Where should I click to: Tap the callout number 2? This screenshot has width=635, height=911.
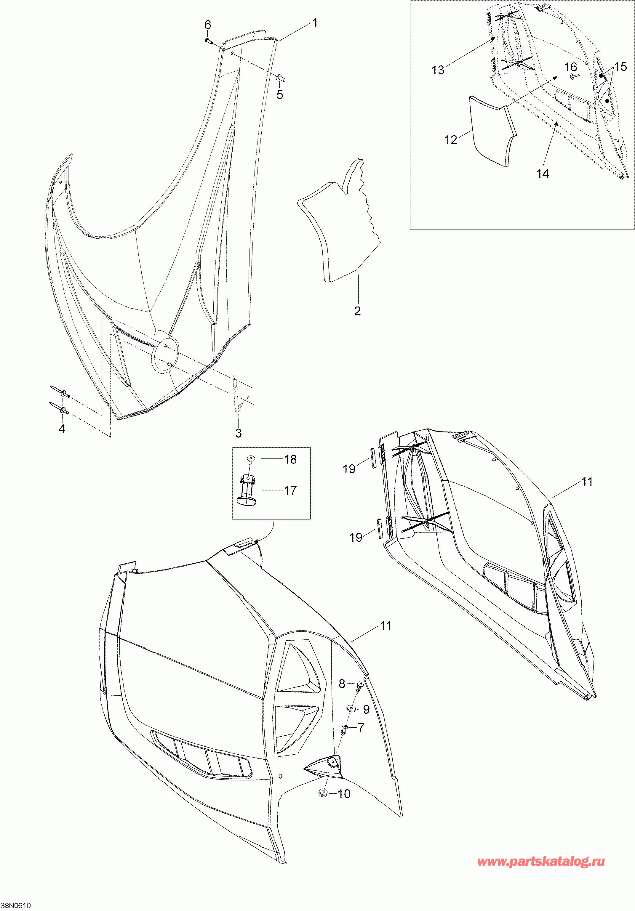click(x=357, y=311)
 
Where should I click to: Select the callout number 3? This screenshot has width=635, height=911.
click(x=238, y=433)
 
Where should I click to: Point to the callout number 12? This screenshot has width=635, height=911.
click(x=451, y=140)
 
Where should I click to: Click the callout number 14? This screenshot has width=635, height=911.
click(x=543, y=173)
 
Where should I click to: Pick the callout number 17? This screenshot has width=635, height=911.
click(x=290, y=490)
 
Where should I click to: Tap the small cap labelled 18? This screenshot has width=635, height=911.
click(x=251, y=459)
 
